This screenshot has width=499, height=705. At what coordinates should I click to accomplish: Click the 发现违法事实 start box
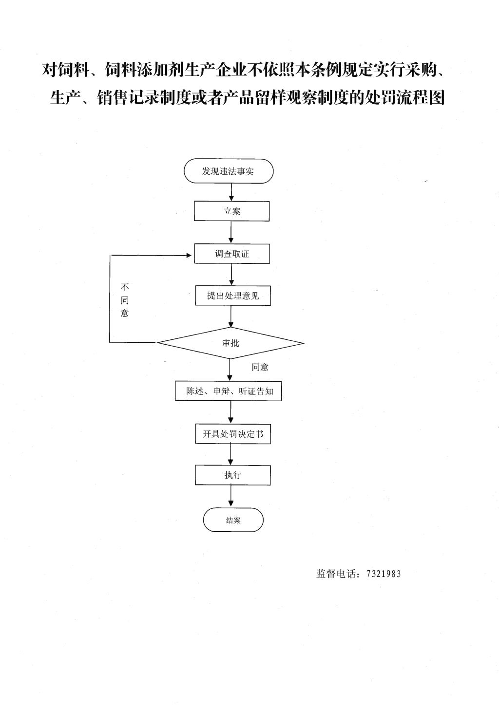[x=229, y=171]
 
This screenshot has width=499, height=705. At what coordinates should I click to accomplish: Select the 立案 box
[x=231, y=211]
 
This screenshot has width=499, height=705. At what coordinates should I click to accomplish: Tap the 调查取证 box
[x=232, y=254]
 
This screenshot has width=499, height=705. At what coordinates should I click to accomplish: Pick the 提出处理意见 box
[x=233, y=296]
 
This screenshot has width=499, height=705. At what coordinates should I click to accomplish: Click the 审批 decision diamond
[x=230, y=343]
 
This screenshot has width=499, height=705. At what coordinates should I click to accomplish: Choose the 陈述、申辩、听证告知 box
[x=229, y=391]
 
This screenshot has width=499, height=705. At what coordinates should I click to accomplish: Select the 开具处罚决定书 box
[x=233, y=434]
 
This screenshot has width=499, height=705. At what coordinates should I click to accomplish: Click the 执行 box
[x=233, y=475]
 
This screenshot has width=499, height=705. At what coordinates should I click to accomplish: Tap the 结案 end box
[x=233, y=520]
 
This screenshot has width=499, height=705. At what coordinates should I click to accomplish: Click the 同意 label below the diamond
[x=260, y=367]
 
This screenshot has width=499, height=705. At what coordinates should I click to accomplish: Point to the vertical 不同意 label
[x=125, y=300]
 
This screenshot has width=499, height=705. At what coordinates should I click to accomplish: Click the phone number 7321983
[x=384, y=574]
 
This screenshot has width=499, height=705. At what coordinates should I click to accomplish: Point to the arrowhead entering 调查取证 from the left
[x=189, y=255]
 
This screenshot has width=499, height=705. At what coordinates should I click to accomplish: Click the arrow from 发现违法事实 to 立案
[x=231, y=192]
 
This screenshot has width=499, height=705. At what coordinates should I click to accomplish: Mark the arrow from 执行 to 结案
[x=231, y=496]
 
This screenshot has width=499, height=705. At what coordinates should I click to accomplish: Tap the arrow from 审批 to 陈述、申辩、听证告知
[x=230, y=370]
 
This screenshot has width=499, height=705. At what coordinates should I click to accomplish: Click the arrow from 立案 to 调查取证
[x=231, y=232]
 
